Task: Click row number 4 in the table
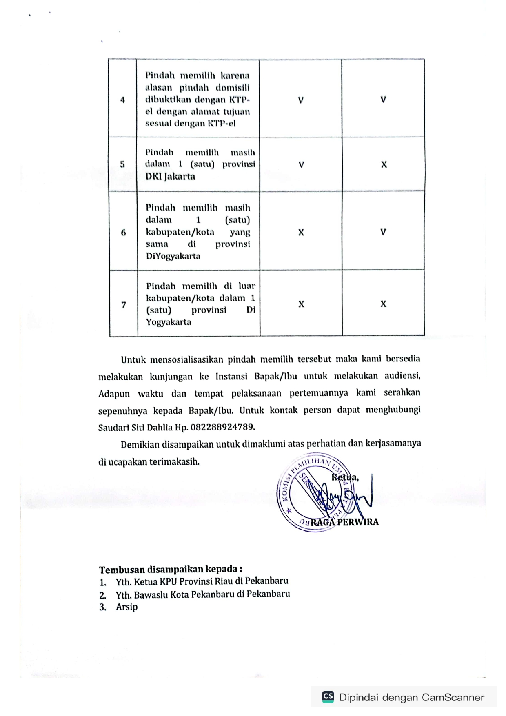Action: coord(122,100)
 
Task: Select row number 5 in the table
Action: coord(122,164)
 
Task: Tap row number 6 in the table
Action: coord(123,233)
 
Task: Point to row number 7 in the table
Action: coord(124,305)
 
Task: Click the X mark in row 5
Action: coord(384,165)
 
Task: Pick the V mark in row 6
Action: coord(383,232)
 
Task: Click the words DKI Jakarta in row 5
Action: coord(170,177)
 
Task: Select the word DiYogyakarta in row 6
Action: coord(173,256)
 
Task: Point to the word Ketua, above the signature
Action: coord(345,477)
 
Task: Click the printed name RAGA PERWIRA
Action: coord(345,522)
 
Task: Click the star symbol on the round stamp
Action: coord(289,510)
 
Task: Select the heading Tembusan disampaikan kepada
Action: coord(171,569)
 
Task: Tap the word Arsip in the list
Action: coord(126,607)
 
